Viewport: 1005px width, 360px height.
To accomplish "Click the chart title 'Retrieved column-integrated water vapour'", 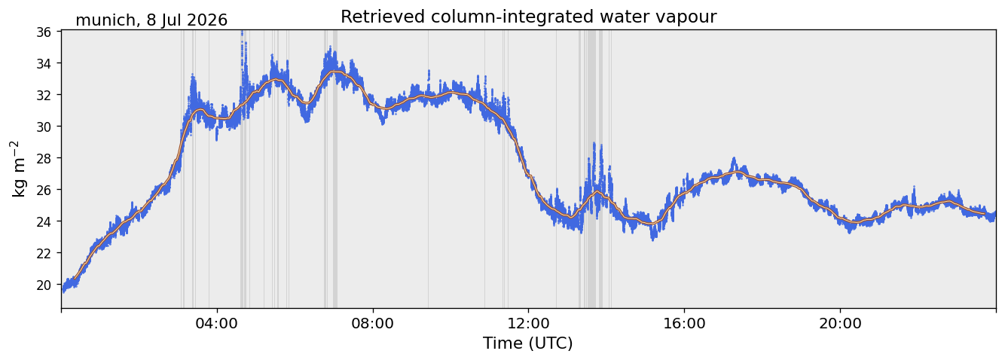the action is (529, 17).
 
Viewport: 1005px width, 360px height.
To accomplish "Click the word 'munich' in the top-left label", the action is (105, 20).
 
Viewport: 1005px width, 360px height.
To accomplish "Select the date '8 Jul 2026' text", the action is (187, 20).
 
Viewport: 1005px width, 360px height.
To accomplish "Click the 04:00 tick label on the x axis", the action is (217, 323).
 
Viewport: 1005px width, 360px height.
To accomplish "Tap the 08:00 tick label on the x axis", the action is (373, 323).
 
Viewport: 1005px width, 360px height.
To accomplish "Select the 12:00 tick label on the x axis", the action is (529, 323).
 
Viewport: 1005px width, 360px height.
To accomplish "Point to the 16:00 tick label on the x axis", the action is (684, 323).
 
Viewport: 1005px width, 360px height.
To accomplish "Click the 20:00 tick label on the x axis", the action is (840, 323).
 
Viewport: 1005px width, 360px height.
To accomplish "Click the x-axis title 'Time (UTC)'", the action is (528, 343).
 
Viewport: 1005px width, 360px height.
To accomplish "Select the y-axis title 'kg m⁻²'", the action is (18, 169).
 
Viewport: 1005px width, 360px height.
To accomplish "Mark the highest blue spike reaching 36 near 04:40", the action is (243, 32).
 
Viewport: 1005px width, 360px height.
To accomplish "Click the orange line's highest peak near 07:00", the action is (334, 72).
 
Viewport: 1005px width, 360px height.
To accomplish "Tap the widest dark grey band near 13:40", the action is (592, 169).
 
